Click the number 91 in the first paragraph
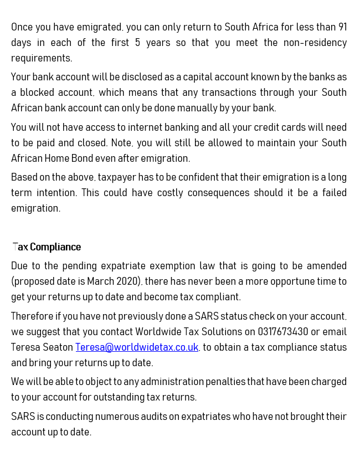(342, 27)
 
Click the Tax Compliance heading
(47, 247)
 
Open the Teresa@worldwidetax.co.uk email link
(137, 347)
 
